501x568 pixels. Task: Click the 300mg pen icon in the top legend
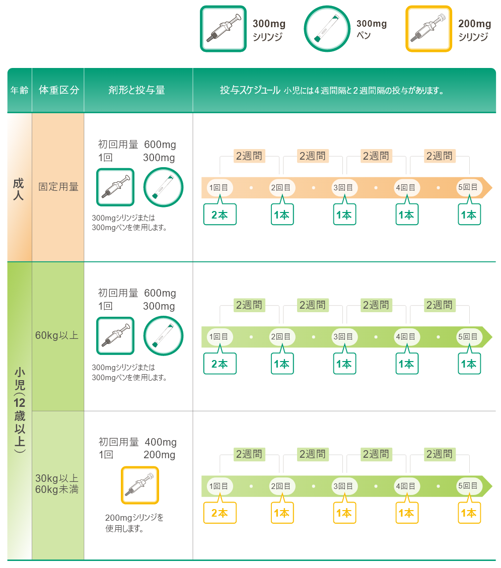coord(327,29)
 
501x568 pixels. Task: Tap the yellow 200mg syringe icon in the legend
coord(429,29)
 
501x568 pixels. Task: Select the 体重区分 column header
coord(59,90)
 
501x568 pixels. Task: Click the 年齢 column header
coord(20,90)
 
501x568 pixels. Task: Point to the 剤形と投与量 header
coord(136,90)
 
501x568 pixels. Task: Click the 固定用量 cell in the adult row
coord(58,187)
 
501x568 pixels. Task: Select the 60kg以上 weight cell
coord(57,335)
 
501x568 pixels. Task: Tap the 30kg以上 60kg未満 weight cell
coord(57,484)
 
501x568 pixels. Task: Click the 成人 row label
coord(19,189)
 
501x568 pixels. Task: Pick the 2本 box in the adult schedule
coord(220,215)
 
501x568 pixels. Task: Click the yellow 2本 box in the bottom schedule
coord(220,513)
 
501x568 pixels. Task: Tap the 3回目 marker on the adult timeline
coord(343,188)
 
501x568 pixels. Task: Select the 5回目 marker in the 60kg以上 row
coord(468,336)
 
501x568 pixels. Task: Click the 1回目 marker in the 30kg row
coord(219,486)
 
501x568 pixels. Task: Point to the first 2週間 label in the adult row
coord(249,156)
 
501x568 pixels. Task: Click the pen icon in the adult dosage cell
coord(163,187)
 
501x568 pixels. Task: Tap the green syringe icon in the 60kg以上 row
coord(116,336)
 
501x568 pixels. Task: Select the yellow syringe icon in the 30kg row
coord(140,485)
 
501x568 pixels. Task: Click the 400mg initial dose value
coord(161,442)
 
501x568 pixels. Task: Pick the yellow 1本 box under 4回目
coord(406,513)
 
